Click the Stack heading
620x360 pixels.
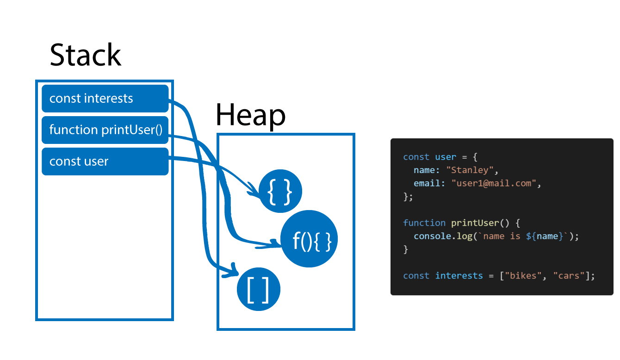point(85,56)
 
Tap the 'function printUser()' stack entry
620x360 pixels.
point(105,130)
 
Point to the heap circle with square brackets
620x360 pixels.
point(259,290)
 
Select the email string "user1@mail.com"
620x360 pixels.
point(494,183)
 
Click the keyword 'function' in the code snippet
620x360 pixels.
point(418,223)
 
